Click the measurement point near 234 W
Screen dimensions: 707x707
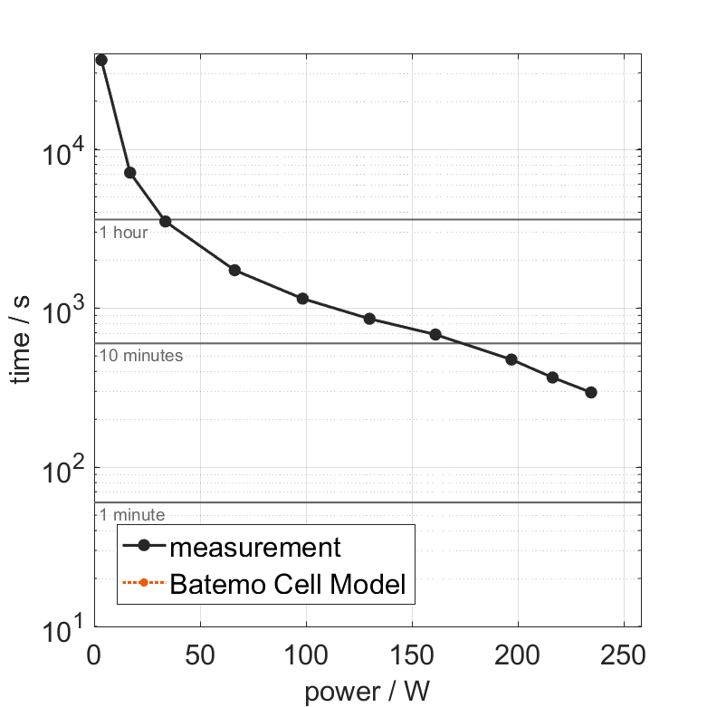click(591, 392)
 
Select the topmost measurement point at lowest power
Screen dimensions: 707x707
click(101, 60)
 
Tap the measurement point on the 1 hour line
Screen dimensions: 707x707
click(165, 221)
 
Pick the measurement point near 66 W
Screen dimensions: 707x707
click(234, 270)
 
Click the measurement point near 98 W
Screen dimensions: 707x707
click(302, 299)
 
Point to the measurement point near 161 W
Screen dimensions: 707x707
click(435, 334)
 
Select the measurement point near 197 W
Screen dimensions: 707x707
click(511, 359)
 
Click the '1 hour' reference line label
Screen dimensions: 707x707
click(123, 233)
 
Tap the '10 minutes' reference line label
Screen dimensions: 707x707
click(141, 356)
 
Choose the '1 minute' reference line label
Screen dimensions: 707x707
click(132, 515)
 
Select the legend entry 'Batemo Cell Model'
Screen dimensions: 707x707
click(288, 585)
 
